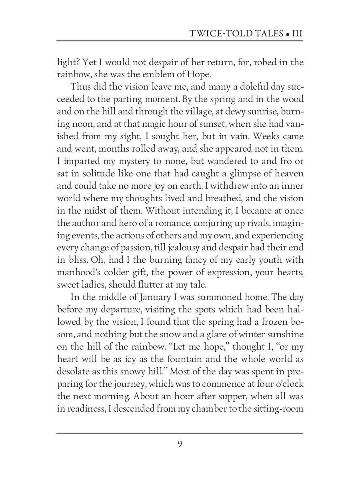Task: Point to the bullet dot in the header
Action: (x=287, y=34)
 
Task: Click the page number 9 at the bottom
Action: (x=180, y=444)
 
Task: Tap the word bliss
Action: (x=76, y=260)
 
